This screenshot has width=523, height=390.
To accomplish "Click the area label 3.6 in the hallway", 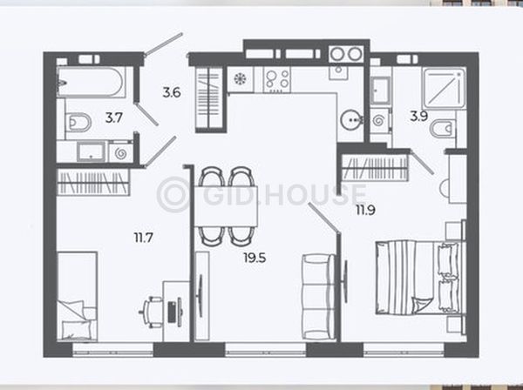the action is (x=172, y=92).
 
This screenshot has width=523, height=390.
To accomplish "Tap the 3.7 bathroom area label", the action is (x=114, y=118).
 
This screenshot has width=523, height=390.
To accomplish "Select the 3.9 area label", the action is (x=419, y=117).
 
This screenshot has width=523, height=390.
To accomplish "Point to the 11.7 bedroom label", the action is (x=144, y=238).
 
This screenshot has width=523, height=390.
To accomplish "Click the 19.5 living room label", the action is (x=255, y=258).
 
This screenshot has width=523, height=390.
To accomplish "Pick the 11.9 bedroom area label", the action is (x=365, y=210).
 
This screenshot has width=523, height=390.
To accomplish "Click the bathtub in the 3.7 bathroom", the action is (x=91, y=82).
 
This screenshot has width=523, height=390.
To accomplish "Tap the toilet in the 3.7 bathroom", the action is (x=78, y=122).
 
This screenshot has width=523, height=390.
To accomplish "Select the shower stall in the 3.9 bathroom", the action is (x=444, y=88).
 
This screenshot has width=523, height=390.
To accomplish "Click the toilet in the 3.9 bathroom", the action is (x=442, y=129).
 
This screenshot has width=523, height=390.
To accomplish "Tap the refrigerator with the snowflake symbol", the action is (x=241, y=79).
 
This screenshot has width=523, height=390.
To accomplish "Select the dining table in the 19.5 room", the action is (x=226, y=206).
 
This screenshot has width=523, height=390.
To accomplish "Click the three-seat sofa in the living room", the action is (x=318, y=297).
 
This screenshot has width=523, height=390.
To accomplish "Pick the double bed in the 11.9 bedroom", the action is (x=421, y=278).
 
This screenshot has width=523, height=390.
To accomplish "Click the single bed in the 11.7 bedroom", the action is (x=77, y=296).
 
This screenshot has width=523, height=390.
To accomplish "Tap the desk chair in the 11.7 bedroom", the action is (x=151, y=312).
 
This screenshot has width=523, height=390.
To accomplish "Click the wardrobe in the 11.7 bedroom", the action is (x=93, y=182).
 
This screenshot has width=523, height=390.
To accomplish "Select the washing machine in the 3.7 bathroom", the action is (x=120, y=153).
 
